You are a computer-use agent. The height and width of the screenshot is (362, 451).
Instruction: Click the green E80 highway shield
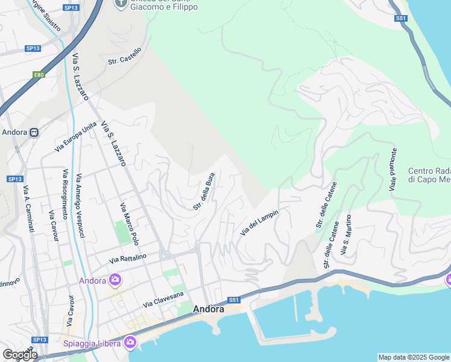pos(39,75)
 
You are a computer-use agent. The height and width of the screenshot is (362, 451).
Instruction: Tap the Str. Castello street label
pos(125,56)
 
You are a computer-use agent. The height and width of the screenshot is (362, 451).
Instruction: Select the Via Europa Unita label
pos(75,136)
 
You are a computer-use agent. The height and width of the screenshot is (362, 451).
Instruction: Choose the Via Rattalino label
pos(128,259)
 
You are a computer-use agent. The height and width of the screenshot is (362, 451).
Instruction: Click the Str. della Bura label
pos(204,191)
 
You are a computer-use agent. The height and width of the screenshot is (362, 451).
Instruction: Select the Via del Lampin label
pos(259,221)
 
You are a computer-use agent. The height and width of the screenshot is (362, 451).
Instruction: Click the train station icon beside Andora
pos(34,132)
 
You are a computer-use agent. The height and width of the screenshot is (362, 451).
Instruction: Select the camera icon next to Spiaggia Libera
pos(130,343)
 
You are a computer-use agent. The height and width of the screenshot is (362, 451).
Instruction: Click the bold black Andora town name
pos(209,309)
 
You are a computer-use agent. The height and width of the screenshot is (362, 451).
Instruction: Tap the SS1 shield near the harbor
pos(234,300)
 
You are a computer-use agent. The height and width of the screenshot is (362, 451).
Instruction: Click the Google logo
pos(20,355)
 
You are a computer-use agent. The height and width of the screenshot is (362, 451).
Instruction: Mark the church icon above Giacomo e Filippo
pos(121,4)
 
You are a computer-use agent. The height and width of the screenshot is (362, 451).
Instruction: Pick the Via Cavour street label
pos(52,226)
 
